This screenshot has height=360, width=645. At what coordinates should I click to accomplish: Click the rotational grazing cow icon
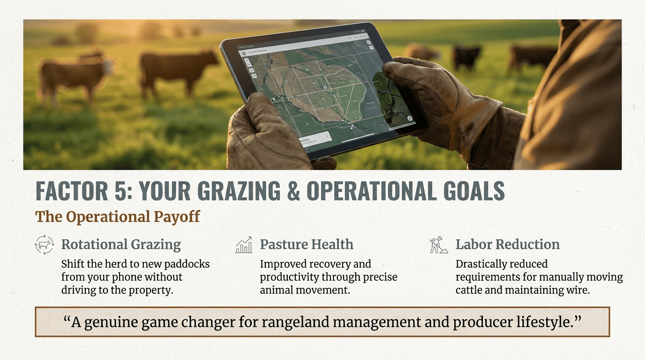click(x=45, y=245)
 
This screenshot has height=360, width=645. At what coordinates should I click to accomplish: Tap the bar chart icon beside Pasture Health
click(x=244, y=245)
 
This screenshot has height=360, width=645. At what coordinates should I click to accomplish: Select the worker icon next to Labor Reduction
click(x=439, y=245)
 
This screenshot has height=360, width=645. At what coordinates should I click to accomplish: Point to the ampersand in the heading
click(x=293, y=192)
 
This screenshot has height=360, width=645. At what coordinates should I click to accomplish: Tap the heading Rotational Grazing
click(x=121, y=244)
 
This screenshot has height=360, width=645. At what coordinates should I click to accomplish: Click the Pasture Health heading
click(x=307, y=244)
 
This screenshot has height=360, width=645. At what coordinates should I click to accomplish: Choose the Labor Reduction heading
click(x=508, y=244)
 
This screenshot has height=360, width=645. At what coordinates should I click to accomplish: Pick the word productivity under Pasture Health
click(x=288, y=277)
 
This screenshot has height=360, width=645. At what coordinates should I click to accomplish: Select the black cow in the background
click(x=467, y=56)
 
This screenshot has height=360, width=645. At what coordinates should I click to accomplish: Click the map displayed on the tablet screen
click(x=323, y=89)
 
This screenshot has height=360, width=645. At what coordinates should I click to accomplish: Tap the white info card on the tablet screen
click(x=315, y=140)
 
